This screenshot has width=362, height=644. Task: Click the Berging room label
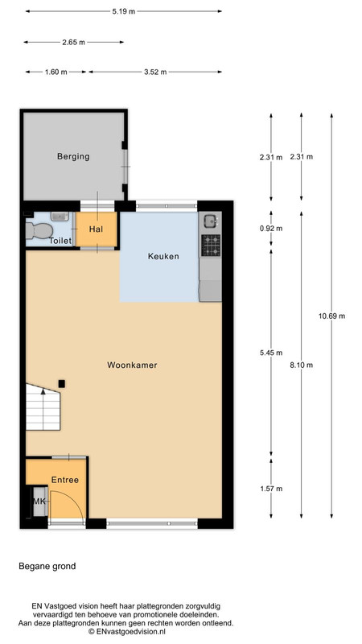coord(73,156)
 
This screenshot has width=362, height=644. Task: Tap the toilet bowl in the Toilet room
coord(39,230)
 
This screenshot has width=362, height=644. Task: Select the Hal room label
coord(96,229)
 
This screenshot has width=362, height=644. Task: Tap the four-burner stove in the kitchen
coord(211,246)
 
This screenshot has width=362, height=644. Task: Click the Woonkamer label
coord(132,365)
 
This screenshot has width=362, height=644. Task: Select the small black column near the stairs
coord(62,384)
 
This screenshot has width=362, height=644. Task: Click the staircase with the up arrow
coord(43,407)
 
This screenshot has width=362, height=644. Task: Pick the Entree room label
coord(64,480)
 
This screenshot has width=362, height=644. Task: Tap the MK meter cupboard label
coord(39,501)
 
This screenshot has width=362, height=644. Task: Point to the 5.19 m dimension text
coord(124,11)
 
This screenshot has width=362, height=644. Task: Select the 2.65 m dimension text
coord(73,42)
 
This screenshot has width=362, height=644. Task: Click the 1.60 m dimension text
coord(56,72)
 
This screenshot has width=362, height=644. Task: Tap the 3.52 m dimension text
coord(155,72)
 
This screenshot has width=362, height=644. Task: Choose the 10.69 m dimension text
coord(331,316)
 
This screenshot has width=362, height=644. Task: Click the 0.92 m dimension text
coord(271,229)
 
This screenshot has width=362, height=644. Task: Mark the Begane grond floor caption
coord(47,567)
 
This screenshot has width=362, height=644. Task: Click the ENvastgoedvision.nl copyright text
coord(126,630)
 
